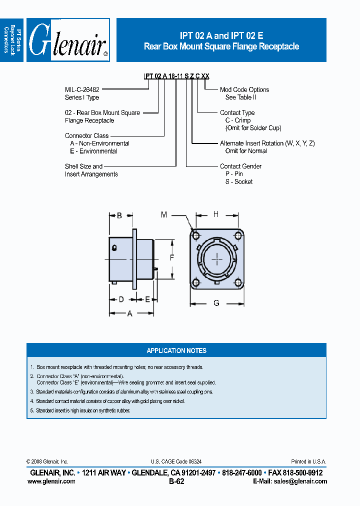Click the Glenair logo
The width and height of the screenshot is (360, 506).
pyautogui.click(x=68, y=40)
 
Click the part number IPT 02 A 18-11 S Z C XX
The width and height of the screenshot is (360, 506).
pyautogui.click(x=177, y=76)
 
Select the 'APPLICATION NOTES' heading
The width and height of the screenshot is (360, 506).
pyautogui.click(x=176, y=350)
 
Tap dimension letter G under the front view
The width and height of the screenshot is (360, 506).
pyautogui.click(x=216, y=303)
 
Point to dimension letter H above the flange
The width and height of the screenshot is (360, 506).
pyautogui.click(x=216, y=214)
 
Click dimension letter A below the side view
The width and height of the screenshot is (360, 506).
pyautogui.click(x=130, y=313)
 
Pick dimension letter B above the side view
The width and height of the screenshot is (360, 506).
pyautogui.click(x=119, y=216)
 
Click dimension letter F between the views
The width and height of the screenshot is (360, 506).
pyautogui.click(x=171, y=258)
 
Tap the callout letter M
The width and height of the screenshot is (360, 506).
pyautogui.click(x=164, y=214)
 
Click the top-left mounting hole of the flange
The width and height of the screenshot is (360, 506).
pyautogui.click(x=195, y=235)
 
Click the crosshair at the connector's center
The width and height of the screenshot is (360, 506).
pyautogui.click(x=217, y=258)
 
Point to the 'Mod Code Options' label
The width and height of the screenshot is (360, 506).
pyautogui.click(x=244, y=89)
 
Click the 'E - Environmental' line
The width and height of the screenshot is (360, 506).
pyautogui.click(x=93, y=151)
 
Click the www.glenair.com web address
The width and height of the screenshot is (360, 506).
pyautogui.click(x=51, y=481)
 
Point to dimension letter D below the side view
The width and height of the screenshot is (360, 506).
pyautogui.click(x=121, y=299)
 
